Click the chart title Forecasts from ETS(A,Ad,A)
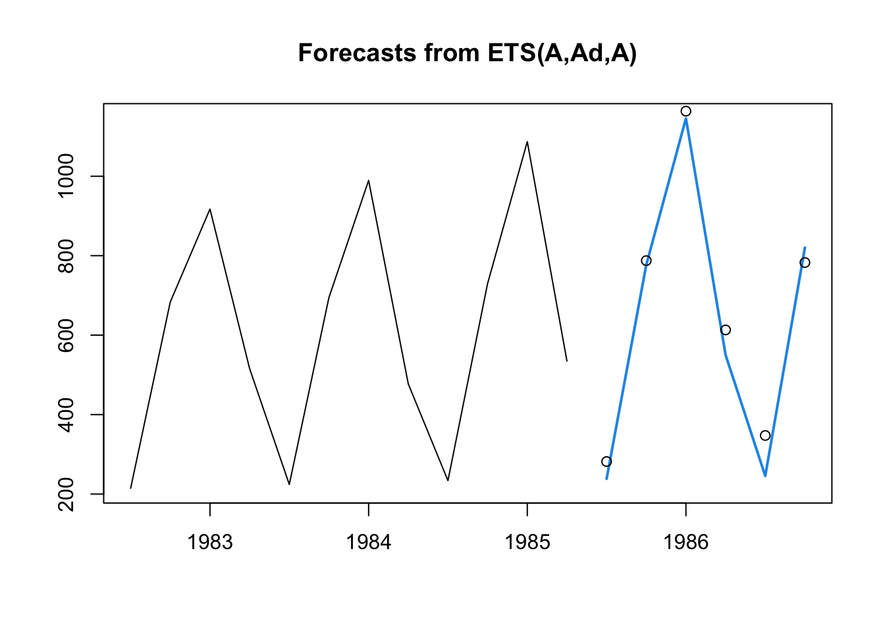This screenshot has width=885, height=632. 467,53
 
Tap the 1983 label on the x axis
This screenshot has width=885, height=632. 210,542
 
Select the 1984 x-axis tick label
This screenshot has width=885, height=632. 369,542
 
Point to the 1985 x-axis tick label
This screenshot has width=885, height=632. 527,542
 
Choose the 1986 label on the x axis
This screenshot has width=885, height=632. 685,542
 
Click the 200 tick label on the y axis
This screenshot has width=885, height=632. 67,494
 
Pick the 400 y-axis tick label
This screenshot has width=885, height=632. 67,414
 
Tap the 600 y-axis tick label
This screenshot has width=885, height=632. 67,335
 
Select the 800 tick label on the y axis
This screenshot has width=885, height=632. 67,255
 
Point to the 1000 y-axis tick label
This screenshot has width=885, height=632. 67,176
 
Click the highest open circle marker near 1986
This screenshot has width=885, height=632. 685,111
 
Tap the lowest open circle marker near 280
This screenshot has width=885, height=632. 606,461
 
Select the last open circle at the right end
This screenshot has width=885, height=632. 805,263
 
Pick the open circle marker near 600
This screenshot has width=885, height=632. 725,330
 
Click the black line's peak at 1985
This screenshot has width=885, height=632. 527,142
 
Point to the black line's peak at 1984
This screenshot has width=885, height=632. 369,180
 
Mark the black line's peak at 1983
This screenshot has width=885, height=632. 210,209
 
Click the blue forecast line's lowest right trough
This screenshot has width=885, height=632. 765,475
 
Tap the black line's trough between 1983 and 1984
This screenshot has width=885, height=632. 289,485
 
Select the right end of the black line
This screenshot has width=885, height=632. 566,361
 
